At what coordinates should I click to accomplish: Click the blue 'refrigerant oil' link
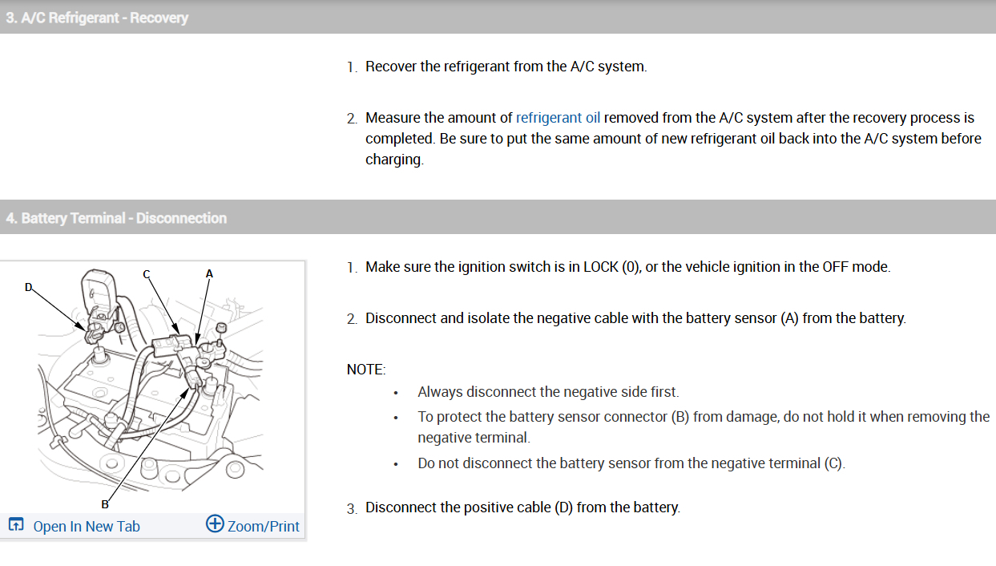pyautogui.click(x=558, y=118)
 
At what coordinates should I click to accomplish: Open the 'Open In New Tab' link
pyautogui.click(x=86, y=526)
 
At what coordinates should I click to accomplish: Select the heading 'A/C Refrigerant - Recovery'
pyautogui.click(x=97, y=18)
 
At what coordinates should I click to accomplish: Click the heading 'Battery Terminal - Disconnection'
pyautogui.click(x=116, y=218)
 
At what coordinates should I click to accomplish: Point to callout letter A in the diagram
pyautogui.click(x=209, y=273)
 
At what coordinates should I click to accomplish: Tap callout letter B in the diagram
pyautogui.click(x=104, y=503)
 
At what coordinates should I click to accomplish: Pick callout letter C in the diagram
pyautogui.click(x=147, y=273)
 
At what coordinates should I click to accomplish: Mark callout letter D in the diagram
pyautogui.click(x=29, y=287)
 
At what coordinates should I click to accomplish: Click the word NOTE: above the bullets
pyautogui.click(x=366, y=370)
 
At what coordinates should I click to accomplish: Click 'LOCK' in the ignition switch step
pyautogui.click(x=601, y=267)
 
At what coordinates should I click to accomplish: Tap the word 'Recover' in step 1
pyautogui.click(x=391, y=67)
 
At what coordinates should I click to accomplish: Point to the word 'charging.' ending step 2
pyautogui.click(x=394, y=160)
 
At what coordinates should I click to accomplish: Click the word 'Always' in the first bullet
pyautogui.click(x=440, y=392)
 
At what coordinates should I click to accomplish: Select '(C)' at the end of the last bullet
pyautogui.click(x=834, y=463)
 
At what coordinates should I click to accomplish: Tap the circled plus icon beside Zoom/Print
pyautogui.click(x=215, y=524)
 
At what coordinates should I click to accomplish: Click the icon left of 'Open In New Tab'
pyautogui.click(x=15, y=525)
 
